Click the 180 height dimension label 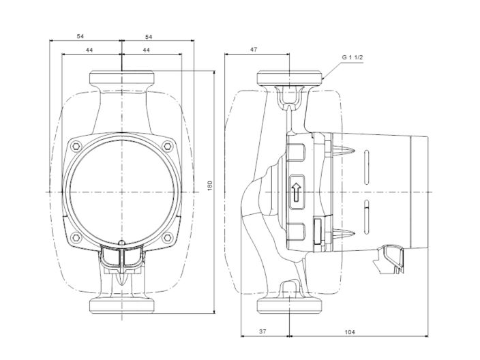[211, 185]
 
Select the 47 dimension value [254, 50]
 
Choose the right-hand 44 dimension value [147, 50]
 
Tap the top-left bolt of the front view [75, 145]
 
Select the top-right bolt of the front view [168, 145]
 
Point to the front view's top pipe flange [121, 77]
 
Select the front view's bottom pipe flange [121, 306]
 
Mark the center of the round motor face [121, 192]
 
